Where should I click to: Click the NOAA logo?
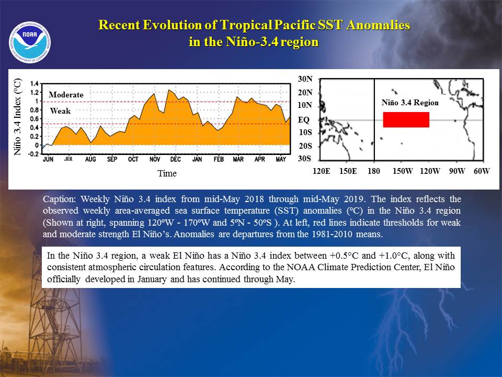[30, 42]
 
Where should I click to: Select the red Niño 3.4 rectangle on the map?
[406, 119]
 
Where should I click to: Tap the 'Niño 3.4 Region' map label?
[410, 103]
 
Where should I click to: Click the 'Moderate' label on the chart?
[66, 95]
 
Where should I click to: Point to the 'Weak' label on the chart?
[60, 111]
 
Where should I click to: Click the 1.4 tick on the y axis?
[35, 84]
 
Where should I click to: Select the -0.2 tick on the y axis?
[33, 154]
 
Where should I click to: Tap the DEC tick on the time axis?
[176, 159]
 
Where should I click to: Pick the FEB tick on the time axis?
[219, 159]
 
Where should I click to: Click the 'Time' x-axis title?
[167, 173]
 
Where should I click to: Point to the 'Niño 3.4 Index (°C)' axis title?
[18, 117]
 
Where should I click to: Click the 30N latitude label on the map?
[305, 79]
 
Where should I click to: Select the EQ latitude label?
[304, 120]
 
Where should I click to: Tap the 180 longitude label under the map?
[373, 171]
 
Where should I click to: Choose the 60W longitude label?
[482, 171]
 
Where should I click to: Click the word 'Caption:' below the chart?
[59, 199]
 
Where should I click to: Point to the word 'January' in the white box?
[152, 279]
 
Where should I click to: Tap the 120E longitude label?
[322, 171]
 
